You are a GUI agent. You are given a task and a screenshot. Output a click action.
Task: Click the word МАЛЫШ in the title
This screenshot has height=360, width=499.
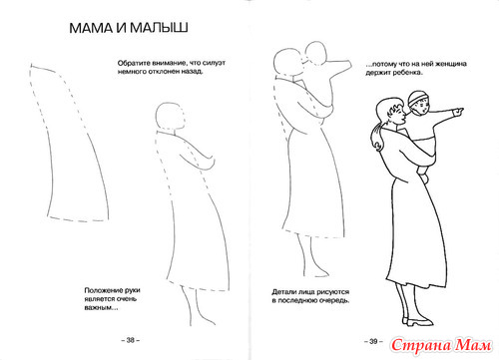[x=159, y=28]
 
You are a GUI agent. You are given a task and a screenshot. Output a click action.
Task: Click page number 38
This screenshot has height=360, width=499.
[x=131, y=340]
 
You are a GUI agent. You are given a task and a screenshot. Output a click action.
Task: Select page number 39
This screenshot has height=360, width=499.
[x=373, y=341]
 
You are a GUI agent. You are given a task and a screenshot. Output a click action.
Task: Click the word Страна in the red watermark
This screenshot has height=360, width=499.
[x=421, y=346]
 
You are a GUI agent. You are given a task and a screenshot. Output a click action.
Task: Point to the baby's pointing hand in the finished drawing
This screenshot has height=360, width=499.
[x=458, y=112]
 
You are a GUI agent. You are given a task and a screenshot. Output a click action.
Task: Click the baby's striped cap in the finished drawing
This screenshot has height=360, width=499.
[x=416, y=97]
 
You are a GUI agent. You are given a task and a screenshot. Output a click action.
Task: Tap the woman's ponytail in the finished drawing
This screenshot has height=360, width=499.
[x=375, y=138]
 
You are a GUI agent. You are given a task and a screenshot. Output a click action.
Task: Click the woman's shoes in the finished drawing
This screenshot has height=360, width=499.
[x=417, y=321]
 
